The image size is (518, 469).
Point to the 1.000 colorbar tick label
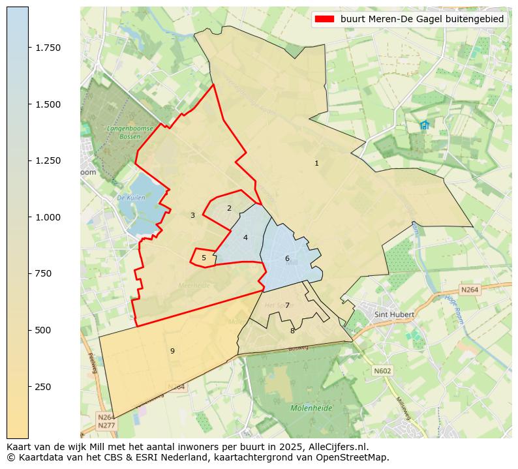click(48, 217)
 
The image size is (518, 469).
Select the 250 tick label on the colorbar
click(43, 387)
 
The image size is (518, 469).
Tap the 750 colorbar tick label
click(43, 273)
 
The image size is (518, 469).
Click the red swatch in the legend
click(324, 20)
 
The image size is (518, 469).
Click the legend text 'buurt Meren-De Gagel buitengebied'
click(422, 20)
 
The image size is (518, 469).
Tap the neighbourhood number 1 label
click(316, 163)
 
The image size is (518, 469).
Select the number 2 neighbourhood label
click(229, 208)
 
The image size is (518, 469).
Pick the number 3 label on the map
click(192, 215)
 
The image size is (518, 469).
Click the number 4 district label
click(245, 237)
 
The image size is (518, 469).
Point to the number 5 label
click(204, 258)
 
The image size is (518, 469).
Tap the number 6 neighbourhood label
click(287, 258)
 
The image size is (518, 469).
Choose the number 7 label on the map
click(287, 305)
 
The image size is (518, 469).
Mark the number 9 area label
click(172, 351)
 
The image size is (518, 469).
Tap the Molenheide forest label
click(311, 408)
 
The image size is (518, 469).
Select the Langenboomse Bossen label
click(122, 132)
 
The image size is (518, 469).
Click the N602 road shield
click(382, 371)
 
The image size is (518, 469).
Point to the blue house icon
click(425, 125)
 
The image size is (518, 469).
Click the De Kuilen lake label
click(129, 197)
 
